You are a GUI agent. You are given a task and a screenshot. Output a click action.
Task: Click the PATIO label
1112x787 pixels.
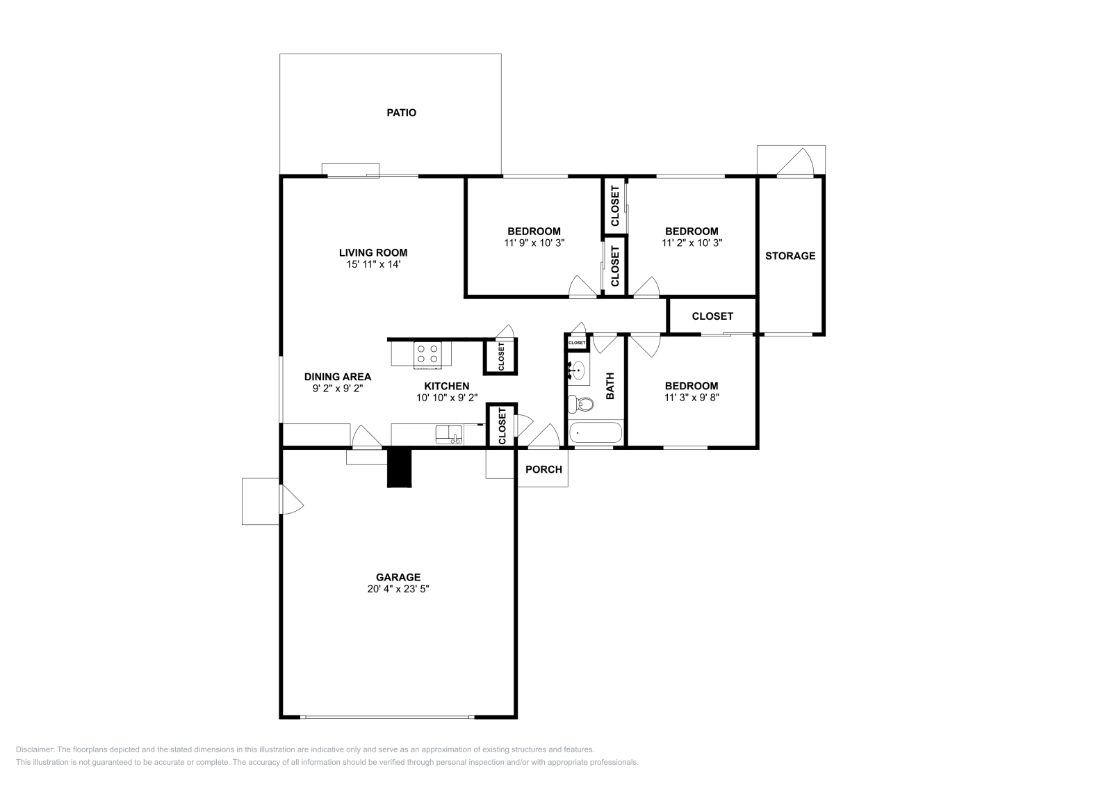[x=401, y=113]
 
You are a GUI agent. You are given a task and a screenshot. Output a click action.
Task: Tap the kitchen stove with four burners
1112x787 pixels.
[x=427, y=355]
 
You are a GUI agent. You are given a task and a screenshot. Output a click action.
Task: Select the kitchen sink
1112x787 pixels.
[x=448, y=435]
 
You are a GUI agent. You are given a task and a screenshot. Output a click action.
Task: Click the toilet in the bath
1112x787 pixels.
[x=580, y=403]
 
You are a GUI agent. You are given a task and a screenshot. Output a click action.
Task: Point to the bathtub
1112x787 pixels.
[x=596, y=433]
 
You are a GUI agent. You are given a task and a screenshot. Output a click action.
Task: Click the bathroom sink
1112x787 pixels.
[x=578, y=371]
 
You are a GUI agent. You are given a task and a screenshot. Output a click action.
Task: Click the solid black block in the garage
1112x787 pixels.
[x=400, y=468]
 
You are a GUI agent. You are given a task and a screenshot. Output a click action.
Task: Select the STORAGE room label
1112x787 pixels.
[x=790, y=256]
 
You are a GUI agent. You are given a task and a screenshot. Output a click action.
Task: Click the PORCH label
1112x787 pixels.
[x=543, y=469]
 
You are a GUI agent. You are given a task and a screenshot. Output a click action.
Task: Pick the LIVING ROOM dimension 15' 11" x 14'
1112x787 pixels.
[x=373, y=264]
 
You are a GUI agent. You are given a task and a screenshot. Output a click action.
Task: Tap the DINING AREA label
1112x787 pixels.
[x=338, y=377]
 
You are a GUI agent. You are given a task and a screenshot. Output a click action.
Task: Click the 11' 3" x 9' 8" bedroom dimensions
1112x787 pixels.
[x=691, y=398]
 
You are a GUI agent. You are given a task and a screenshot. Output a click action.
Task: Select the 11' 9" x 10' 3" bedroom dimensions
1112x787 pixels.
[x=534, y=243]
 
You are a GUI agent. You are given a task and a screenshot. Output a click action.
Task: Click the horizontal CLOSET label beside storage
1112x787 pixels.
[x=712, y=316]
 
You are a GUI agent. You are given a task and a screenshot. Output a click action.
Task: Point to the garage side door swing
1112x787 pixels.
[x=291, y=500]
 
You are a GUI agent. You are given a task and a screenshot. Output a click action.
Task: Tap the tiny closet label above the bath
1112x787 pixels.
[x=577, y=343]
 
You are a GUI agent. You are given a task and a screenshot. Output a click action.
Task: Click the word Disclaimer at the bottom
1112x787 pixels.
[x=34, y=749]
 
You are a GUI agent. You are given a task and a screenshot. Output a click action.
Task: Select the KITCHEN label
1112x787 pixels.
[x=447, y=386]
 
